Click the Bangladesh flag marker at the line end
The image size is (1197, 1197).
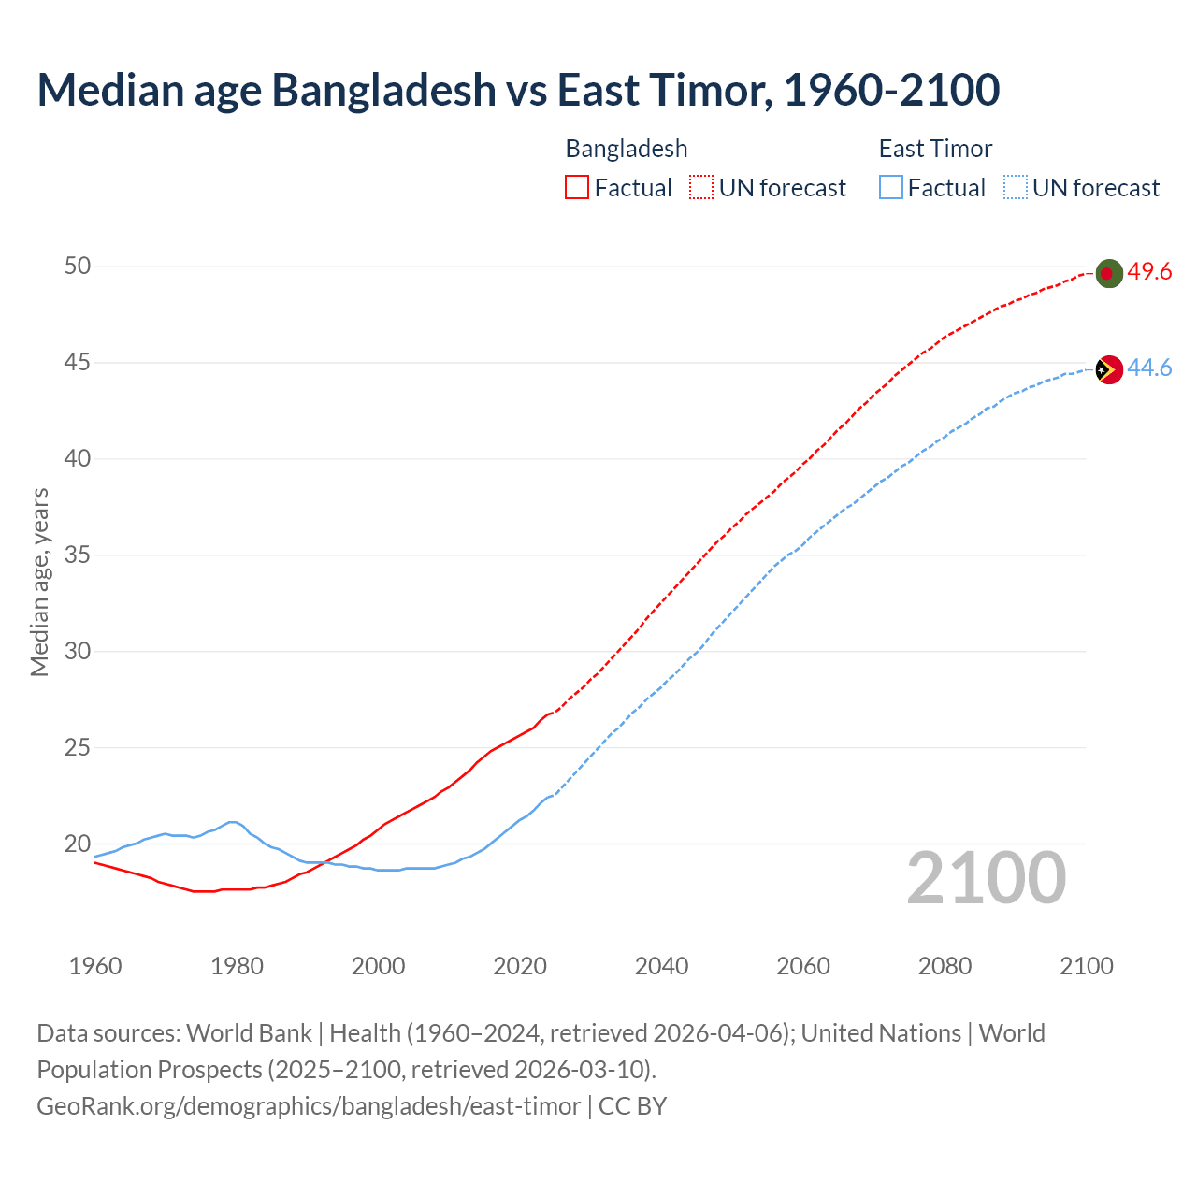1108,273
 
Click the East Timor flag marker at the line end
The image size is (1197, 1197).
1108,369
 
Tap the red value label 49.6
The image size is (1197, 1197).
1149,272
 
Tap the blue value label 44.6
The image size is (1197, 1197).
1149,368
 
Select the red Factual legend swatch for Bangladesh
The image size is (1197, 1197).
577,188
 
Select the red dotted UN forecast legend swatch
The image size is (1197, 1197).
701,188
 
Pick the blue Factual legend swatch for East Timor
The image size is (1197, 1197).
891,188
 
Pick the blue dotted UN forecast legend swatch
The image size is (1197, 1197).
1016,188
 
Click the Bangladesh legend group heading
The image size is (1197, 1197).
627,149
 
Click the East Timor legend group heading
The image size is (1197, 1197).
935,149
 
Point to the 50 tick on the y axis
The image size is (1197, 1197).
78,267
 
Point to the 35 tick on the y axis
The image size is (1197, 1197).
78,555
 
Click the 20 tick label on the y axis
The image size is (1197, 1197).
78,844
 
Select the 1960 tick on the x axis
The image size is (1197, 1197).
95,966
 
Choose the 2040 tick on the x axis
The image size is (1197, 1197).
661,966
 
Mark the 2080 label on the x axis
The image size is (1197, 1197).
945,966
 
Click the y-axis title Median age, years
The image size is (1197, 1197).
39,582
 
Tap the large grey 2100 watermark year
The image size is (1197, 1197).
987,878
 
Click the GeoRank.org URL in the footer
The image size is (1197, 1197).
309,1106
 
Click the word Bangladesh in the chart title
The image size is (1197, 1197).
384,90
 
